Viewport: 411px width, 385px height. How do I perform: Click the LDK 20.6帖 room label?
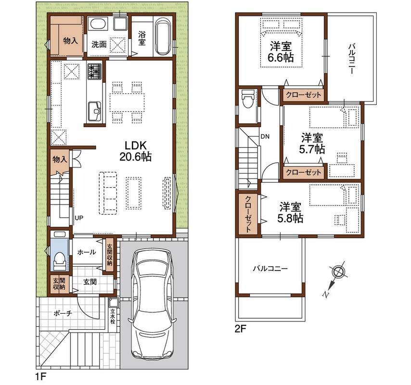point(135,151)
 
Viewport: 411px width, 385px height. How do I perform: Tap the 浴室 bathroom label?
point(142,38)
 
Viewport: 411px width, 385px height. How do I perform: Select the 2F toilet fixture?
point(248,99)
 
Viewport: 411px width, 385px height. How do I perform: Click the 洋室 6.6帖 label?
point(281,52)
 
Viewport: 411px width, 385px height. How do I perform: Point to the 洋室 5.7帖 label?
point(312,143)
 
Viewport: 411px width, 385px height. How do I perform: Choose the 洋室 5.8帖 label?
point(290,213)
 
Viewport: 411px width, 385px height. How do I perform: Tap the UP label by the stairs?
point(79,218)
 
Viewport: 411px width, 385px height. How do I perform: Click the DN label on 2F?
point(265,137)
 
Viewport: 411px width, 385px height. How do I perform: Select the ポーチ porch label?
point(63,313)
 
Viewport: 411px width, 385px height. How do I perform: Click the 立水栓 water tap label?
point(113,317)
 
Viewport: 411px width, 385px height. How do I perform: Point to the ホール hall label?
point(87,252)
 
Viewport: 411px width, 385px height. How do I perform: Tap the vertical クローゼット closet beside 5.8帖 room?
point(248,214)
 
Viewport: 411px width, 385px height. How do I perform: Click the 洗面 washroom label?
point(99,44)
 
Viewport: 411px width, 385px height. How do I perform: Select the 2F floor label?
point(241,329)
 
